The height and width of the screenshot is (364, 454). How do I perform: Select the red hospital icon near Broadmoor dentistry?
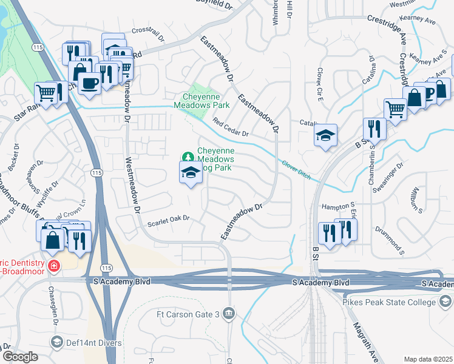[x=53, y=266]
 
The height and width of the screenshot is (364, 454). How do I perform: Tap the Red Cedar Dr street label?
[x=231, y=127]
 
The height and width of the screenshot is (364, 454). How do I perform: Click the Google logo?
[x=19, y=357]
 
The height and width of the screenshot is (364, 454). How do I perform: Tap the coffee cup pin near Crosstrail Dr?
[x=90, y=83]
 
